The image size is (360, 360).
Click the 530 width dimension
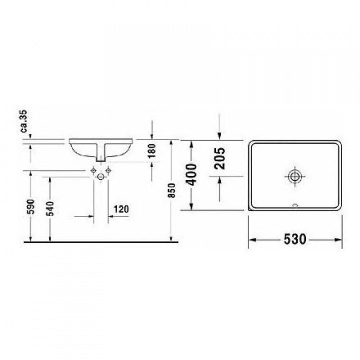click(x=295, y=239)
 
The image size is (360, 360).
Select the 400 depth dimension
click(x=190, y=175)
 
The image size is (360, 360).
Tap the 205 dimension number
click(x=220, y=158)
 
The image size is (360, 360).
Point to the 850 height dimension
click(x=172, y=190)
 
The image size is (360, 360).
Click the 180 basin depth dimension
click(x=152, y=151)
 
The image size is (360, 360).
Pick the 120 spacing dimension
click(x=121, y=209)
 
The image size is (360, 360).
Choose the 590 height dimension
click(x=31, y=207)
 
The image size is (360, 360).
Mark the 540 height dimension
click(x=50, y=209)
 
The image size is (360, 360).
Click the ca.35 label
click(x=24, y=121)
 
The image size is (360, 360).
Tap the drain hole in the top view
click(x=295, y=176)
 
